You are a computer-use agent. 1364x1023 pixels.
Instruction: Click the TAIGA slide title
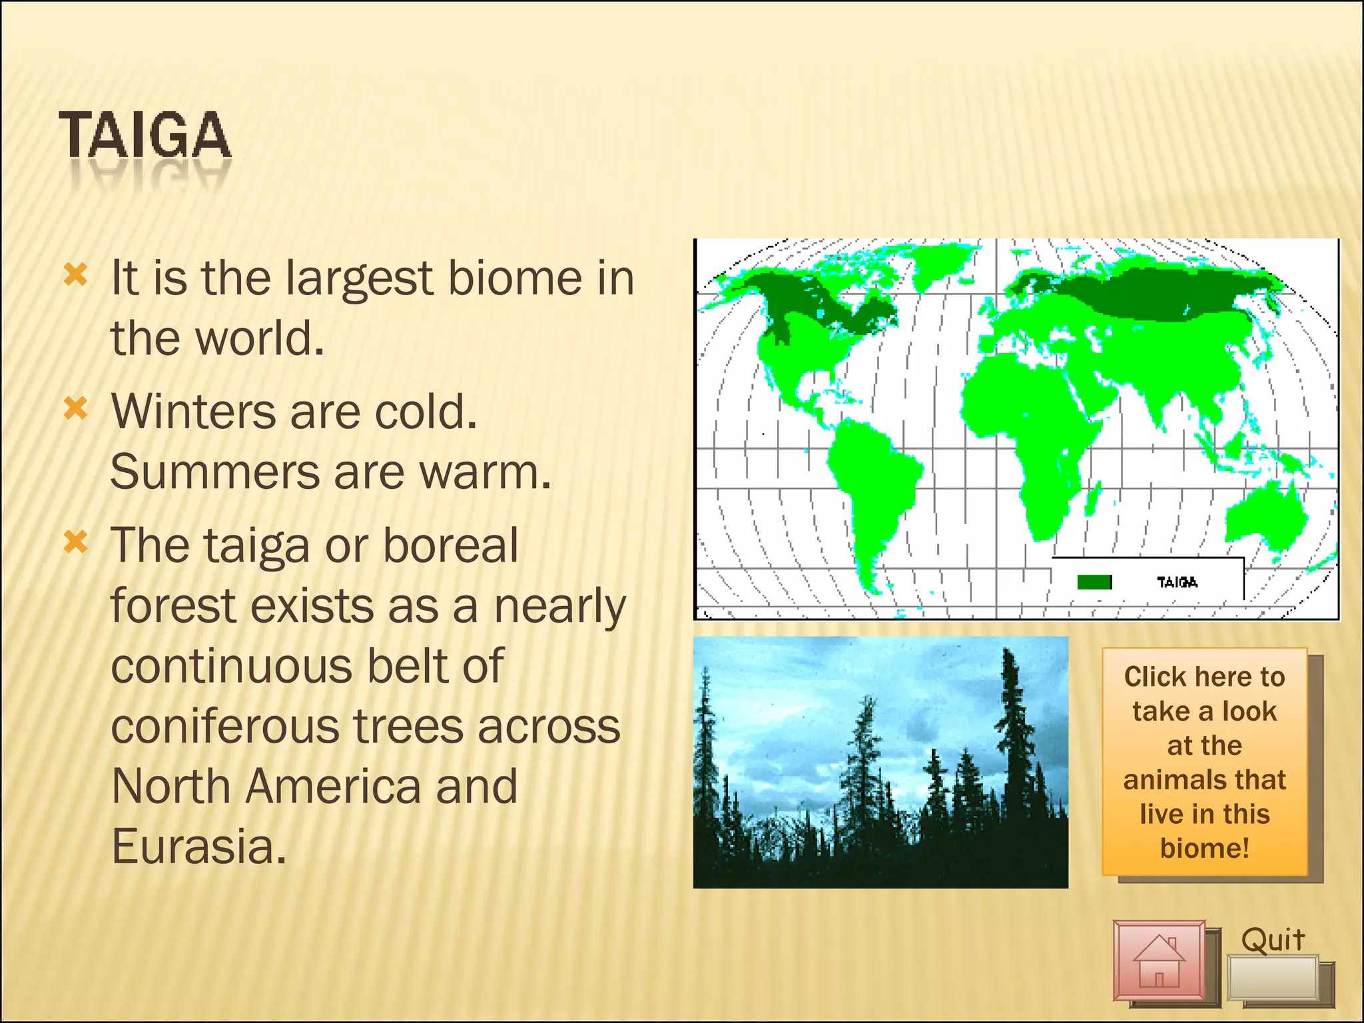145,136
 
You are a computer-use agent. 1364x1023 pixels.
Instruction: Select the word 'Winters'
193,412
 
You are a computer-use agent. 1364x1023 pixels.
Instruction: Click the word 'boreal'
450,545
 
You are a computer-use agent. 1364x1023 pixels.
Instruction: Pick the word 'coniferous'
224,726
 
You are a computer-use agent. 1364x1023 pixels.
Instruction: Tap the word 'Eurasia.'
198,847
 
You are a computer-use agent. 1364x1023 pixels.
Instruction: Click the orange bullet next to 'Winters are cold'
75,408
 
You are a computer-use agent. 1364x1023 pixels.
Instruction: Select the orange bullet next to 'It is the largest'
75,274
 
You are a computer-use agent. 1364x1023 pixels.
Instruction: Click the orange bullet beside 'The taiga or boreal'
75,542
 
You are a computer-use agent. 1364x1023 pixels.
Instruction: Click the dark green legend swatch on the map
1094,583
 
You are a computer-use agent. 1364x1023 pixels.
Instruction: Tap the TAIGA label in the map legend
1177,583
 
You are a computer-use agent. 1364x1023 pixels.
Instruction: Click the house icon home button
1160,961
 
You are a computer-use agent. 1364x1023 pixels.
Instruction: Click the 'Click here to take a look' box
1204,762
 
